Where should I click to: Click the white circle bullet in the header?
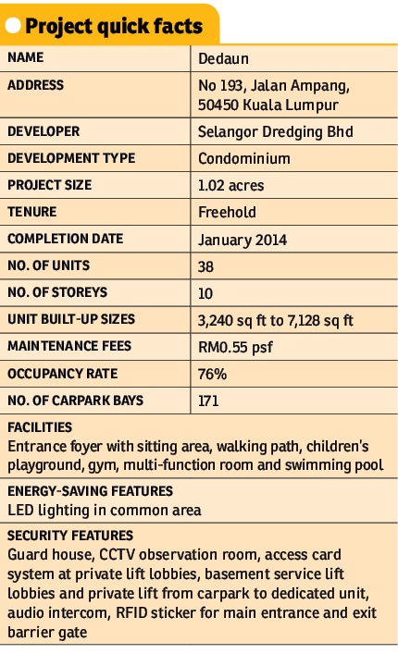(x=13, y=26)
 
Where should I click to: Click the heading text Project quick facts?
(x=114, y=26)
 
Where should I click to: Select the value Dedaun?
(x=223, y=59)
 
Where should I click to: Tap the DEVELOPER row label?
(x=44, y=131)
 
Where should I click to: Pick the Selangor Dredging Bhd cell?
(x=275, y=132)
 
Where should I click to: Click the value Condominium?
(x=244, y=159)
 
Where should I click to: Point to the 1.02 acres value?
(x=230, y=186)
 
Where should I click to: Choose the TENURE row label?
(x=31, y=212)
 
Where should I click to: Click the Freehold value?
(x=227, y=213)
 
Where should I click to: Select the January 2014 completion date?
(x=242, y=240)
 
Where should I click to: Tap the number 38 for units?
(x=205, y=266)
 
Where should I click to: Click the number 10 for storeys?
(x=205, y=293)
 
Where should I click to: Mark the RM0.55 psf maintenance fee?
(x=235, y=348)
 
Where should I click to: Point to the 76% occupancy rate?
(x=212, y=374)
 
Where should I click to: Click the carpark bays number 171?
(x=208, y=401)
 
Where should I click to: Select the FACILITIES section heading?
(x=40, y=427)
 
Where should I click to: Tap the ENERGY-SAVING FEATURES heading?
(x=90, y=491)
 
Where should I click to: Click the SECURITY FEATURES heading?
(x=70, y=536)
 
